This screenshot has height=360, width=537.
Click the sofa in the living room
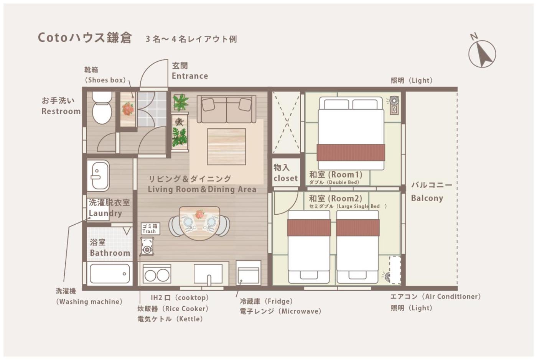[227, 109]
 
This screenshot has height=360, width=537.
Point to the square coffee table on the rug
[227, 147]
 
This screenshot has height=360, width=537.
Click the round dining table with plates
[199, 223]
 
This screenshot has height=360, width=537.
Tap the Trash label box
[150, 228]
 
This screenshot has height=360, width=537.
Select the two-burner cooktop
[157, 274]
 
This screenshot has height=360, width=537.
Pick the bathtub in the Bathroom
[110, 274]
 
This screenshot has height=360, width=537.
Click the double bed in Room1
[351, 133]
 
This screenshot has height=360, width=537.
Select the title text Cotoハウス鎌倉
[85, 38]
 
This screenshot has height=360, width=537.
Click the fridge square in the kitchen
[249, 273]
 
